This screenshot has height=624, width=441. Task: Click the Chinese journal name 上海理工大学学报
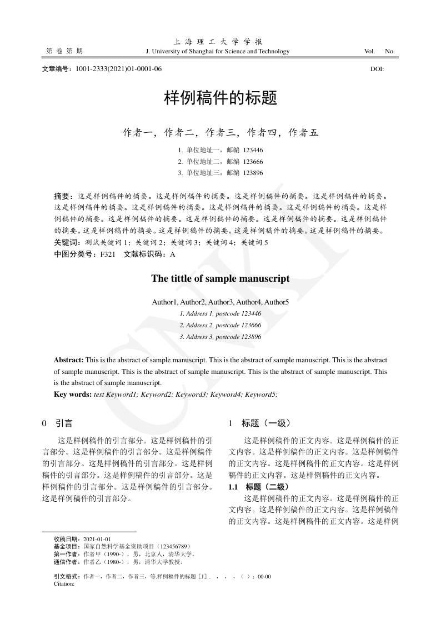[x=218, y=42]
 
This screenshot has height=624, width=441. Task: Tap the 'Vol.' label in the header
[x=369, y=52]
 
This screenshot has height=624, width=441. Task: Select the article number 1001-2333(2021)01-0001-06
[x=119, y=69]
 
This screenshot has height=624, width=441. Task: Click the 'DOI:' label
[x=377, y=69]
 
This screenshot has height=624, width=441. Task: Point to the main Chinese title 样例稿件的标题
[x=220, y=99]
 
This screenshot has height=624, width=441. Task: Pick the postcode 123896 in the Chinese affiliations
[x=253, y=173]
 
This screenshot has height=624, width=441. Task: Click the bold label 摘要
[x=62, y=196]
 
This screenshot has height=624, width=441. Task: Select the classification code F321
[x=108, y=254]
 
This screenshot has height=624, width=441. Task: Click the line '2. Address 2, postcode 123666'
[x=220, y=325]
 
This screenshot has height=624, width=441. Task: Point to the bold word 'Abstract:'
[x=68, y=361]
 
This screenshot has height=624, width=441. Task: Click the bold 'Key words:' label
[x=73, y=394]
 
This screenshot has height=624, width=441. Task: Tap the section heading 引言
[x=64, y=423]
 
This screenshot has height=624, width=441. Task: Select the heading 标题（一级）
[x=266, y=423]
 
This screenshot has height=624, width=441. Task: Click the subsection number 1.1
[x=233, y=487]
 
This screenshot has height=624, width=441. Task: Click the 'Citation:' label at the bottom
[x=64, y=584]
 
